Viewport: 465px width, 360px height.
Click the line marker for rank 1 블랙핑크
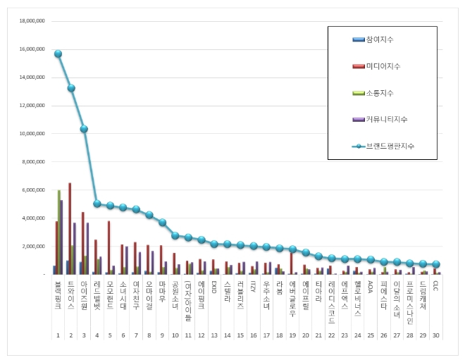58,54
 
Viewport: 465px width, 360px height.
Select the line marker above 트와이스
71,88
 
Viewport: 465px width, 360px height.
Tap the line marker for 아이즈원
84,129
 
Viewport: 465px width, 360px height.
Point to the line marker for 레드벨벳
97,204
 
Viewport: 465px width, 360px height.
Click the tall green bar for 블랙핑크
59,232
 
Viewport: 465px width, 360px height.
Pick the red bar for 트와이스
69,229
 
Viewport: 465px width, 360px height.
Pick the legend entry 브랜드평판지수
386,146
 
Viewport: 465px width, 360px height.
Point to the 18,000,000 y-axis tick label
31,21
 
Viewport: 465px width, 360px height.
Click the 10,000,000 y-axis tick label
31,133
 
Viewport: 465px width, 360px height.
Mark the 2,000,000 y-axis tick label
32,246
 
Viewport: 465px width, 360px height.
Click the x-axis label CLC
436,285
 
